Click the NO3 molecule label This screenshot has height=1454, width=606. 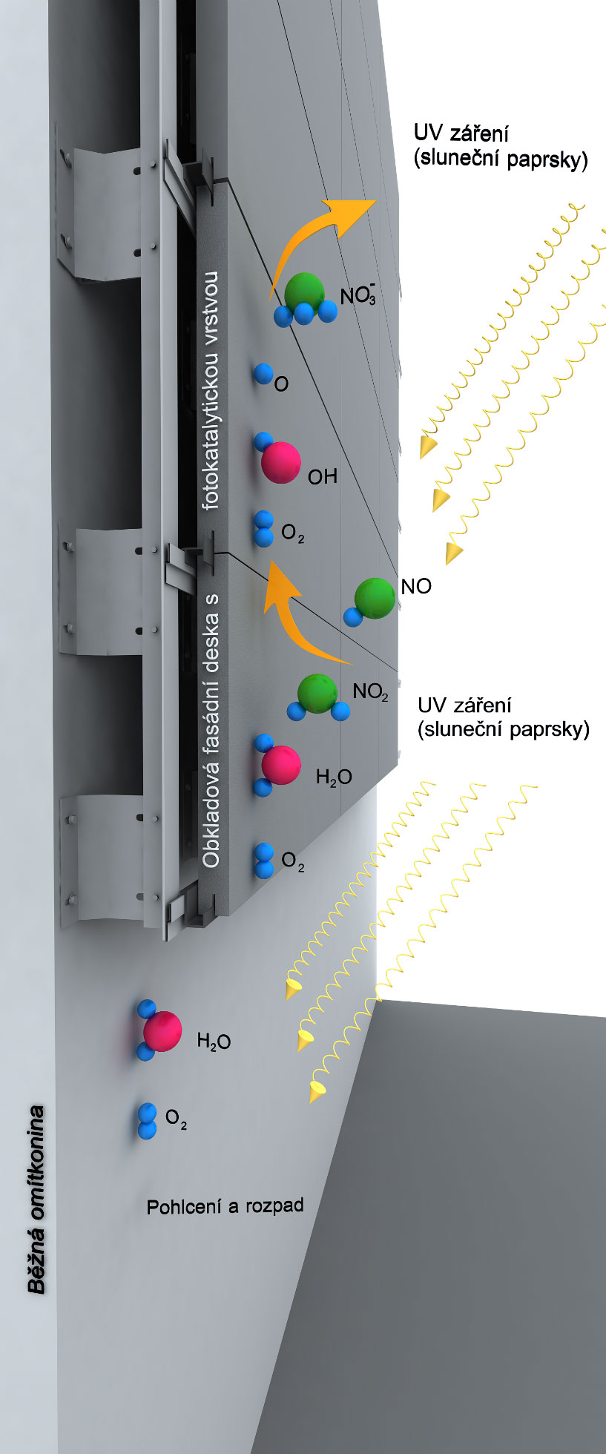click(x=358, y=295)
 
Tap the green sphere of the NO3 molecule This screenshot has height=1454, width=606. click(x=305, y=292)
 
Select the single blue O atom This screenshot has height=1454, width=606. click(x=263, y=373)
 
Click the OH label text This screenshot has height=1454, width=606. click(x=323, y=476)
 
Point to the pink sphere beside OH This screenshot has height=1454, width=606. click(x=281, y=462)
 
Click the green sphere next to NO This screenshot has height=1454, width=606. click(x=375, y=599)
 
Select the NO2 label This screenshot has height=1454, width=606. click(x=370, y=692)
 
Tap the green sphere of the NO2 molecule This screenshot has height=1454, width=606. click(x=317, y=692)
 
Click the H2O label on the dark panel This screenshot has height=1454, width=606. click(x=334, y=777)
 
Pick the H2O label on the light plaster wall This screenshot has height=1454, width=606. click(x=214, y=1042)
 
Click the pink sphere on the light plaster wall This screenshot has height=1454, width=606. click(x=162, y=1030)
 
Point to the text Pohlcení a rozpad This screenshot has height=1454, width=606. click(x=225, y=1206)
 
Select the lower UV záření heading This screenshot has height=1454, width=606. click(x=464, y=705)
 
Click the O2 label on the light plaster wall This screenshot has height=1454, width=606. click(x=176, y=1118)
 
